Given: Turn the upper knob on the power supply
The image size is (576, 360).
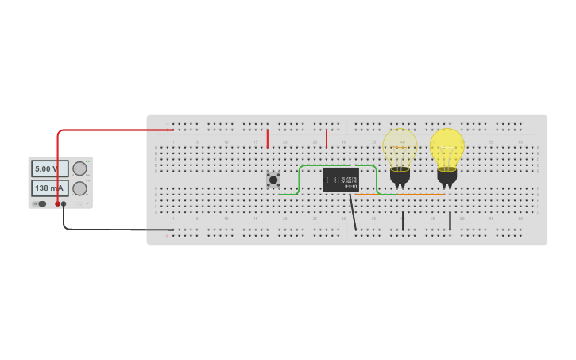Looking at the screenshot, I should (x=79, y=168).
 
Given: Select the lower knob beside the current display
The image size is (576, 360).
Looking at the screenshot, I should (x=79, y=189).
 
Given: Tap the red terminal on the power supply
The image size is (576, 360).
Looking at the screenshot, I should (x=58, y=204).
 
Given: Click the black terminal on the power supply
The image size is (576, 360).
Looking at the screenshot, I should (x=64, y=204).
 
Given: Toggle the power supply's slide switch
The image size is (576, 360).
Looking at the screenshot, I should (x=41, y=204).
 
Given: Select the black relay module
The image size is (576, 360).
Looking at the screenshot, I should (x=340, y=180).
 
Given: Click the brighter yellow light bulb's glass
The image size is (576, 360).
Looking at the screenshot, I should (x=447, y=147).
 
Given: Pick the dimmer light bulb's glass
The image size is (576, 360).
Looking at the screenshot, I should (x=400, y=147).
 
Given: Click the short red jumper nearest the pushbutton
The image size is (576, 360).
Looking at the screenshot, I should (x=268, y=138).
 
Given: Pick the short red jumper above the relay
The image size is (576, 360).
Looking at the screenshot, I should (x=327, y=138).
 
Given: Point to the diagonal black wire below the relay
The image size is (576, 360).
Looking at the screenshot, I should (x=353, y=211).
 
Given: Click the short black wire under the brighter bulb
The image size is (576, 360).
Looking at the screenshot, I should (x=450, y=221).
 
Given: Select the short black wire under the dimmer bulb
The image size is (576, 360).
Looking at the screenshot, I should (x=403, y=221).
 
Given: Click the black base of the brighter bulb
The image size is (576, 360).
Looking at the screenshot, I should (x=447, y=177).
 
